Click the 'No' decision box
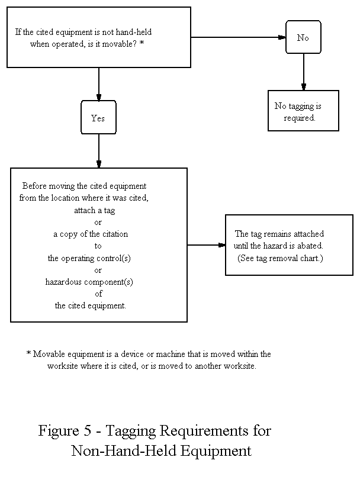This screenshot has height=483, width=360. pos(303,37)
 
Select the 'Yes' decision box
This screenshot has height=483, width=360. pos(98,118)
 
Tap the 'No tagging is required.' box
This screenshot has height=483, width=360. pos(303,111)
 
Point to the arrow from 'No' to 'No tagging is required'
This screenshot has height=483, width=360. pos(303,72)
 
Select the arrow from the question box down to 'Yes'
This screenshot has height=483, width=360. pos(98,84)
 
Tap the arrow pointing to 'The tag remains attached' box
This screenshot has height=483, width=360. pos(206,245)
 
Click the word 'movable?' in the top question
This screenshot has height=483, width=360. pos(125,43)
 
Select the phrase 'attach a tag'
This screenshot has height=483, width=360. pos(98,210)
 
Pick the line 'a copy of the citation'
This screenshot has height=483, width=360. pos(91,234)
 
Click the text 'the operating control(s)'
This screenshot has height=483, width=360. pos(91,258)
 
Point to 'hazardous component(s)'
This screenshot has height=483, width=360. pos(89,282)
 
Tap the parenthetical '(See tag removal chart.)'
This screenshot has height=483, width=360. pos(281,258)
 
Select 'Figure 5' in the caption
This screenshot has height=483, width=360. pos(63,431)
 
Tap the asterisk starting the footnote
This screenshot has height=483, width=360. pos(28,354)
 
